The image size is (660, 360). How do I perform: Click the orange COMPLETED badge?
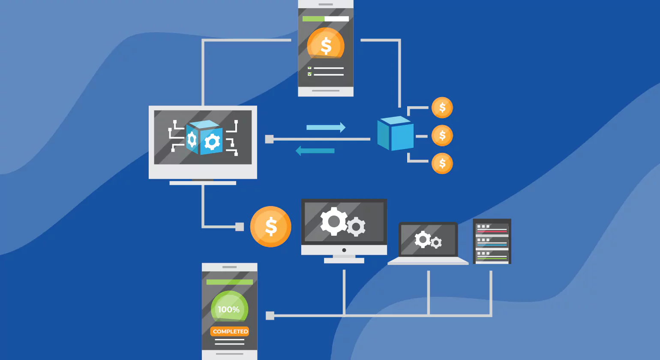230,331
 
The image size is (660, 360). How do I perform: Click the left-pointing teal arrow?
315,151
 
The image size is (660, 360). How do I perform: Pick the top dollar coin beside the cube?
442,108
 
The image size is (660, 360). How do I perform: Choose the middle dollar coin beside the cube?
442,136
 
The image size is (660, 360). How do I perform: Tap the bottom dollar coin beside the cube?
442,163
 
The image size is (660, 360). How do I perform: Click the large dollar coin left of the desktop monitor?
270,227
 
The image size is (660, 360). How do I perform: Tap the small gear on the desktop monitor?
356,226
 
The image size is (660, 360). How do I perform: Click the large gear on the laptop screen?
423,240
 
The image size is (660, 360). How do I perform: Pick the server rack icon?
492,241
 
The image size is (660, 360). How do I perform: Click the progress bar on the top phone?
326,19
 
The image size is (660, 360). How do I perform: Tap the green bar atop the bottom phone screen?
229,282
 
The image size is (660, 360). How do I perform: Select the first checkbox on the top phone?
309,68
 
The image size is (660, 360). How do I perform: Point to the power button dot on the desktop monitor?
344,250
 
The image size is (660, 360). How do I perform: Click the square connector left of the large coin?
240,227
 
